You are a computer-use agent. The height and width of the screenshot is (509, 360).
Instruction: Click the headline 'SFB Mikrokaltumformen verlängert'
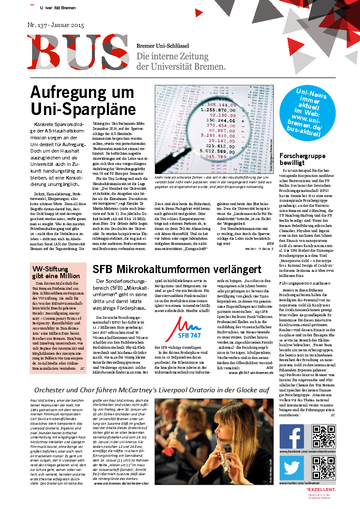[x=177, y=269]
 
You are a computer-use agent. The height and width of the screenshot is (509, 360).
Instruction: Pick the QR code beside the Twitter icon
[x=323, y=468]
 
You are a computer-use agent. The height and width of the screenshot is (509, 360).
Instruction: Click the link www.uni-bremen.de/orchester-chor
[x=120, y=483]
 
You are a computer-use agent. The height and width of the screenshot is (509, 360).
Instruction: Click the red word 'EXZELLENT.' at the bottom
[x=321, y=489]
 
